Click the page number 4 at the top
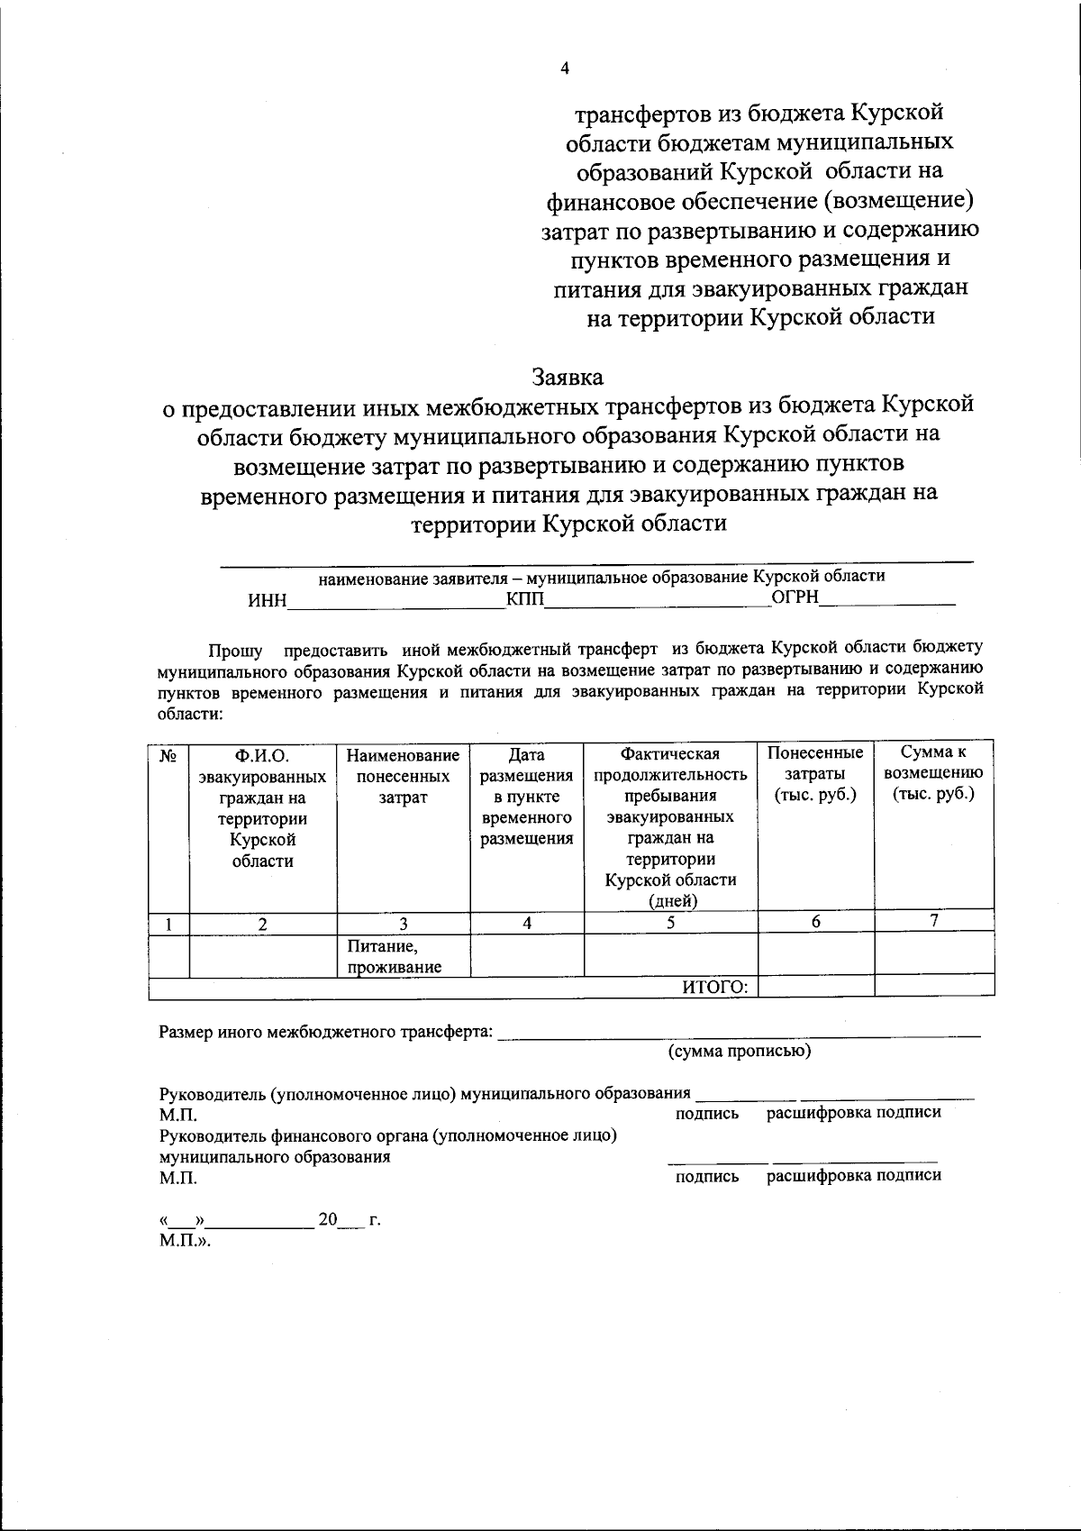click(x=565, y=68)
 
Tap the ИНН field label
click(x=267, y=601)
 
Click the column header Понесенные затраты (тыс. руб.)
click(x=815, y=773)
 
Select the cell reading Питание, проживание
click(x=395, y=957)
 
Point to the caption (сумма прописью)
click(x=739, y=1051)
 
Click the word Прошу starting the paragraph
click(x=235, y=650)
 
